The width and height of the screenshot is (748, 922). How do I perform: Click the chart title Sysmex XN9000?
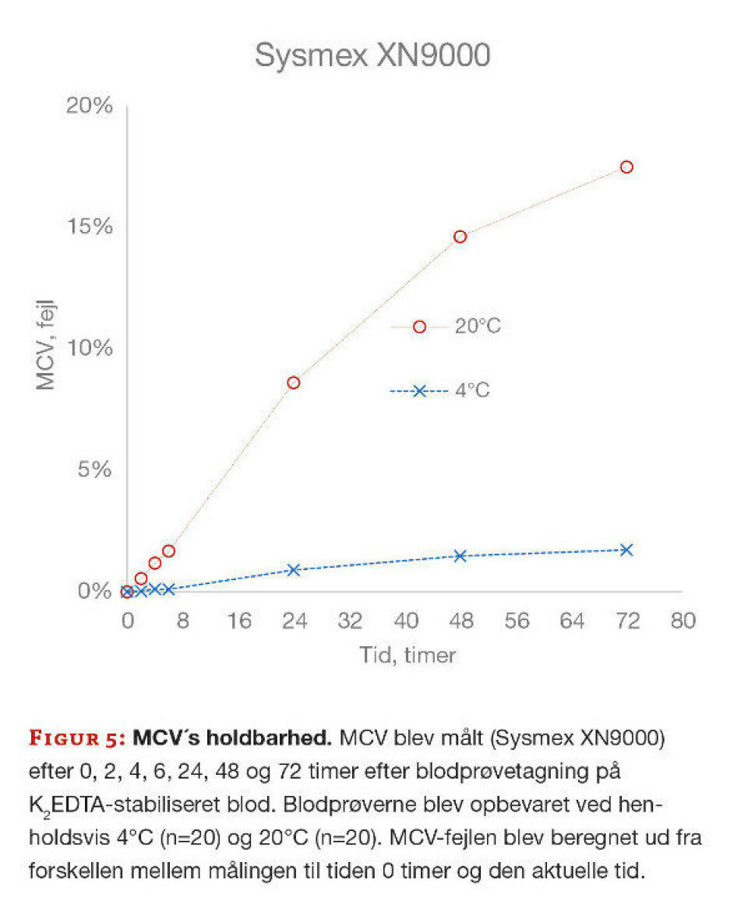372,55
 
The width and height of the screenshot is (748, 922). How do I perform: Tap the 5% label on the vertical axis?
95,470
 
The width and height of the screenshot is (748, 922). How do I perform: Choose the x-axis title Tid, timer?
407,655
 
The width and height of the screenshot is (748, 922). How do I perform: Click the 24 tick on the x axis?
294,621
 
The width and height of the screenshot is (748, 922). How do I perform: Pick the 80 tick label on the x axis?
683,621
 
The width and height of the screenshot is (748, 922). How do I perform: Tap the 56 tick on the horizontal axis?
516,621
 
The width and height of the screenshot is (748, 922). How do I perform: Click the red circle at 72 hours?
626,167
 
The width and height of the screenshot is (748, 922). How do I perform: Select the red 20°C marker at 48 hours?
460,237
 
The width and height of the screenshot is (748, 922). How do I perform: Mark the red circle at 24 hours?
294,382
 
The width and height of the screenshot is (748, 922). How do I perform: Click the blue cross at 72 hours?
626,550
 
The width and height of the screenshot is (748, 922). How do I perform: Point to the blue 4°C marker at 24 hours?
294,570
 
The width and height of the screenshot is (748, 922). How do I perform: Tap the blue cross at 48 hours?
460,556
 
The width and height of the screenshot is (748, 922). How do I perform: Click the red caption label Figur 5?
78,737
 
